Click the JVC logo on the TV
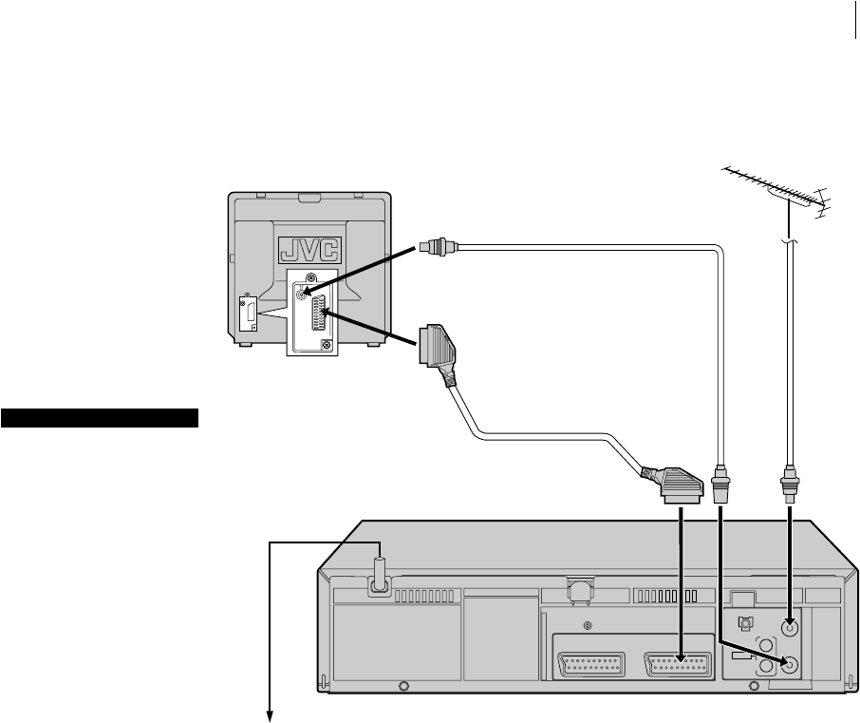tap(309, 250)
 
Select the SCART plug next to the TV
tap(438, 351)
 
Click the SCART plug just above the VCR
tap(672, 485)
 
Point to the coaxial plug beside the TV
tap(438, 246)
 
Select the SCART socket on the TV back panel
tap(319, 313)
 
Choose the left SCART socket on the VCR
tap(591, 664)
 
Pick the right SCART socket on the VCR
tap(678, 664)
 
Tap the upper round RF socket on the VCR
tap(789, 626)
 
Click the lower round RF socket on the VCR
tap(789, 665)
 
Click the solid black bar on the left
tap(100, 418)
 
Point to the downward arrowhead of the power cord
tap(270, 713)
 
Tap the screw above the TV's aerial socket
tap(310, 277)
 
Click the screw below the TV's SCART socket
tap(327, 345)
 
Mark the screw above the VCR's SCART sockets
tap(588, 625)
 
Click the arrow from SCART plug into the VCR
tap(681, 584)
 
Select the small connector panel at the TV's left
tap(249, 314)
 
